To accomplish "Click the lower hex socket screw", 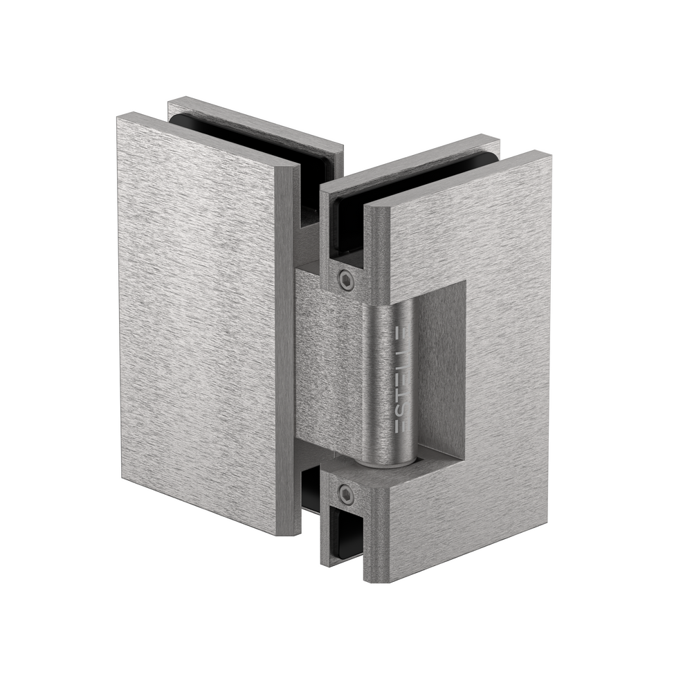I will tap(345, 495).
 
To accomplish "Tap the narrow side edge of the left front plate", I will tap(289, 346).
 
